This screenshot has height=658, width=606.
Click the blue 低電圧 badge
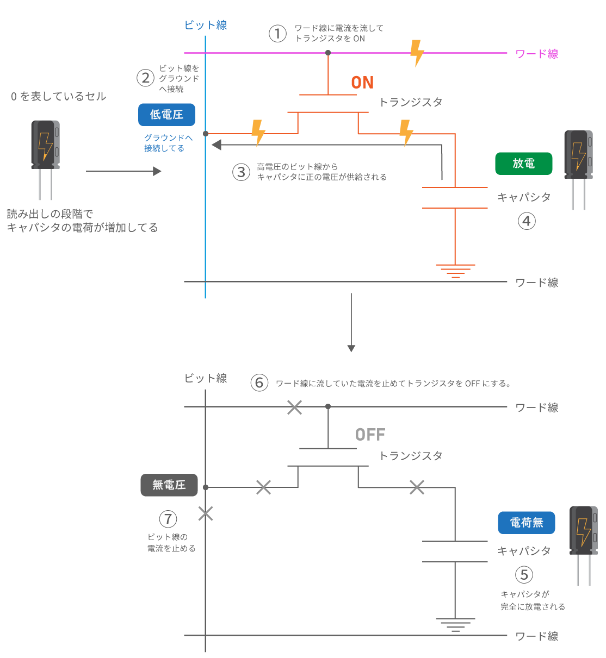click(x=166, y=115)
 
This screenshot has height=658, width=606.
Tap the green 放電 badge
click(x=523, y=164)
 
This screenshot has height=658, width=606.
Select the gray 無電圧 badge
click(x=169, y=485)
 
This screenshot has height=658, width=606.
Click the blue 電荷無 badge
click(x=526, y=523)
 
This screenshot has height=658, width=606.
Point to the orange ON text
click(x=362, y=83)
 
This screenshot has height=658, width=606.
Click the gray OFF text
click(x=370, y=435)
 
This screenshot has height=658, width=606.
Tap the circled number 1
click(x=277, y=34)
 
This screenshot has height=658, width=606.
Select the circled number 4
click(x=527, y=221)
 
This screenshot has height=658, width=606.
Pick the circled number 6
click(x=259, y=383)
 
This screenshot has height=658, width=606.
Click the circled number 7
click(x=168, y=519)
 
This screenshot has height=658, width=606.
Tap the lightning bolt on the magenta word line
click(x=417, y=53)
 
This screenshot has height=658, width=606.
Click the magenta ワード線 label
click(x=536, y=54)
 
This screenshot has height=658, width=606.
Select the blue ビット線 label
click(x=206, y=25)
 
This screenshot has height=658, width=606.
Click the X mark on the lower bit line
click(x=206, y=513)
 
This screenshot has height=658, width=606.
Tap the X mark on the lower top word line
click(x=294, y=407)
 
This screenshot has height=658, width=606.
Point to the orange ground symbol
click(x=455, y=271)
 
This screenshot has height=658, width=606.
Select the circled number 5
click(x=524, y=575)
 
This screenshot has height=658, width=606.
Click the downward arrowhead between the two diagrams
click(x=351, y=348)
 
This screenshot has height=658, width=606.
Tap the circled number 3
click(x=241, y=172)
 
